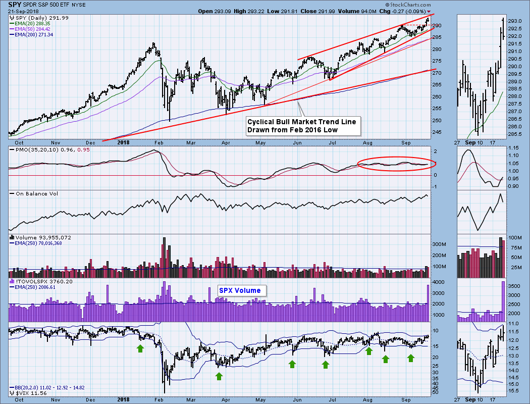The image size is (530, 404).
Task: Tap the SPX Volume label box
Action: pyautogui.click(x=240, y=290)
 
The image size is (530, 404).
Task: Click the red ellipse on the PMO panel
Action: pyautogui.click(x=396, y=164)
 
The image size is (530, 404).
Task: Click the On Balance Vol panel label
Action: pyautogui.click(x=33, y=194)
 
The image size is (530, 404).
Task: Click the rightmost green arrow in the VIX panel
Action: pyautogui.click(x=411, y=358)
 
